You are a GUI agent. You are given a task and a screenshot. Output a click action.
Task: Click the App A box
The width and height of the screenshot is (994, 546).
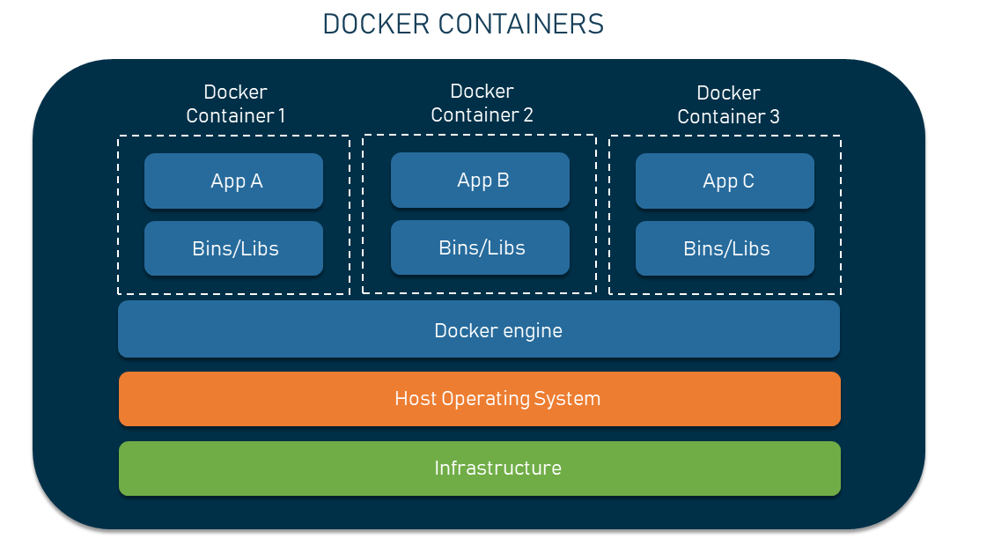[233, 181]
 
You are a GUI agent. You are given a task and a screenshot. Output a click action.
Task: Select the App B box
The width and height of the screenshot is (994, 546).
[480, 181]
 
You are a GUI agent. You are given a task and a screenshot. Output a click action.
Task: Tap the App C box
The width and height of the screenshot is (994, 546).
[725, 181]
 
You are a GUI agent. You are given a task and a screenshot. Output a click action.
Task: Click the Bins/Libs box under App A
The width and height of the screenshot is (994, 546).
[233, 248]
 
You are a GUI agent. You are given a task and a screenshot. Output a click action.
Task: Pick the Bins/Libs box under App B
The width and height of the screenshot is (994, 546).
[480, 247]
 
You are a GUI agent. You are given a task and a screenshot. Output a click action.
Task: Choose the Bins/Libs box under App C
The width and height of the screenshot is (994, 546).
[725, 248]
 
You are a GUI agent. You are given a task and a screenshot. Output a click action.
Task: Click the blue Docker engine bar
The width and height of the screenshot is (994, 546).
[479, 330]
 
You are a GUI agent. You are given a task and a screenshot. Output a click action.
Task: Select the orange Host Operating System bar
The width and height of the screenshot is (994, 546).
[479, 399]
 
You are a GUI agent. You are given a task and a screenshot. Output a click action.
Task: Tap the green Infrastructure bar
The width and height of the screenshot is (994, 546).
[479, 468]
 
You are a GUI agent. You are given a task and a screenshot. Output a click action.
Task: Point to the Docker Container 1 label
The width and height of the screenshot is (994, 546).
[235, 104]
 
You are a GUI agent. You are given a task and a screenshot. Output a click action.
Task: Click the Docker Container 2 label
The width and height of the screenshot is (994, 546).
[482, 103]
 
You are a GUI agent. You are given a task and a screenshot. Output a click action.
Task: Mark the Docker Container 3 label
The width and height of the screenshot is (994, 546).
[728, 105]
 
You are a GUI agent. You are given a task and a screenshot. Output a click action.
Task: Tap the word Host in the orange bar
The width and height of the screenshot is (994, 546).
[416, 399]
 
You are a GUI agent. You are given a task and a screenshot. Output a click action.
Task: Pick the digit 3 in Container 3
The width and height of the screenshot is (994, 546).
[774, 117]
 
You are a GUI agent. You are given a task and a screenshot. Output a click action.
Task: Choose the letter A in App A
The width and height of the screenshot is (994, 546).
[256, 181]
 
